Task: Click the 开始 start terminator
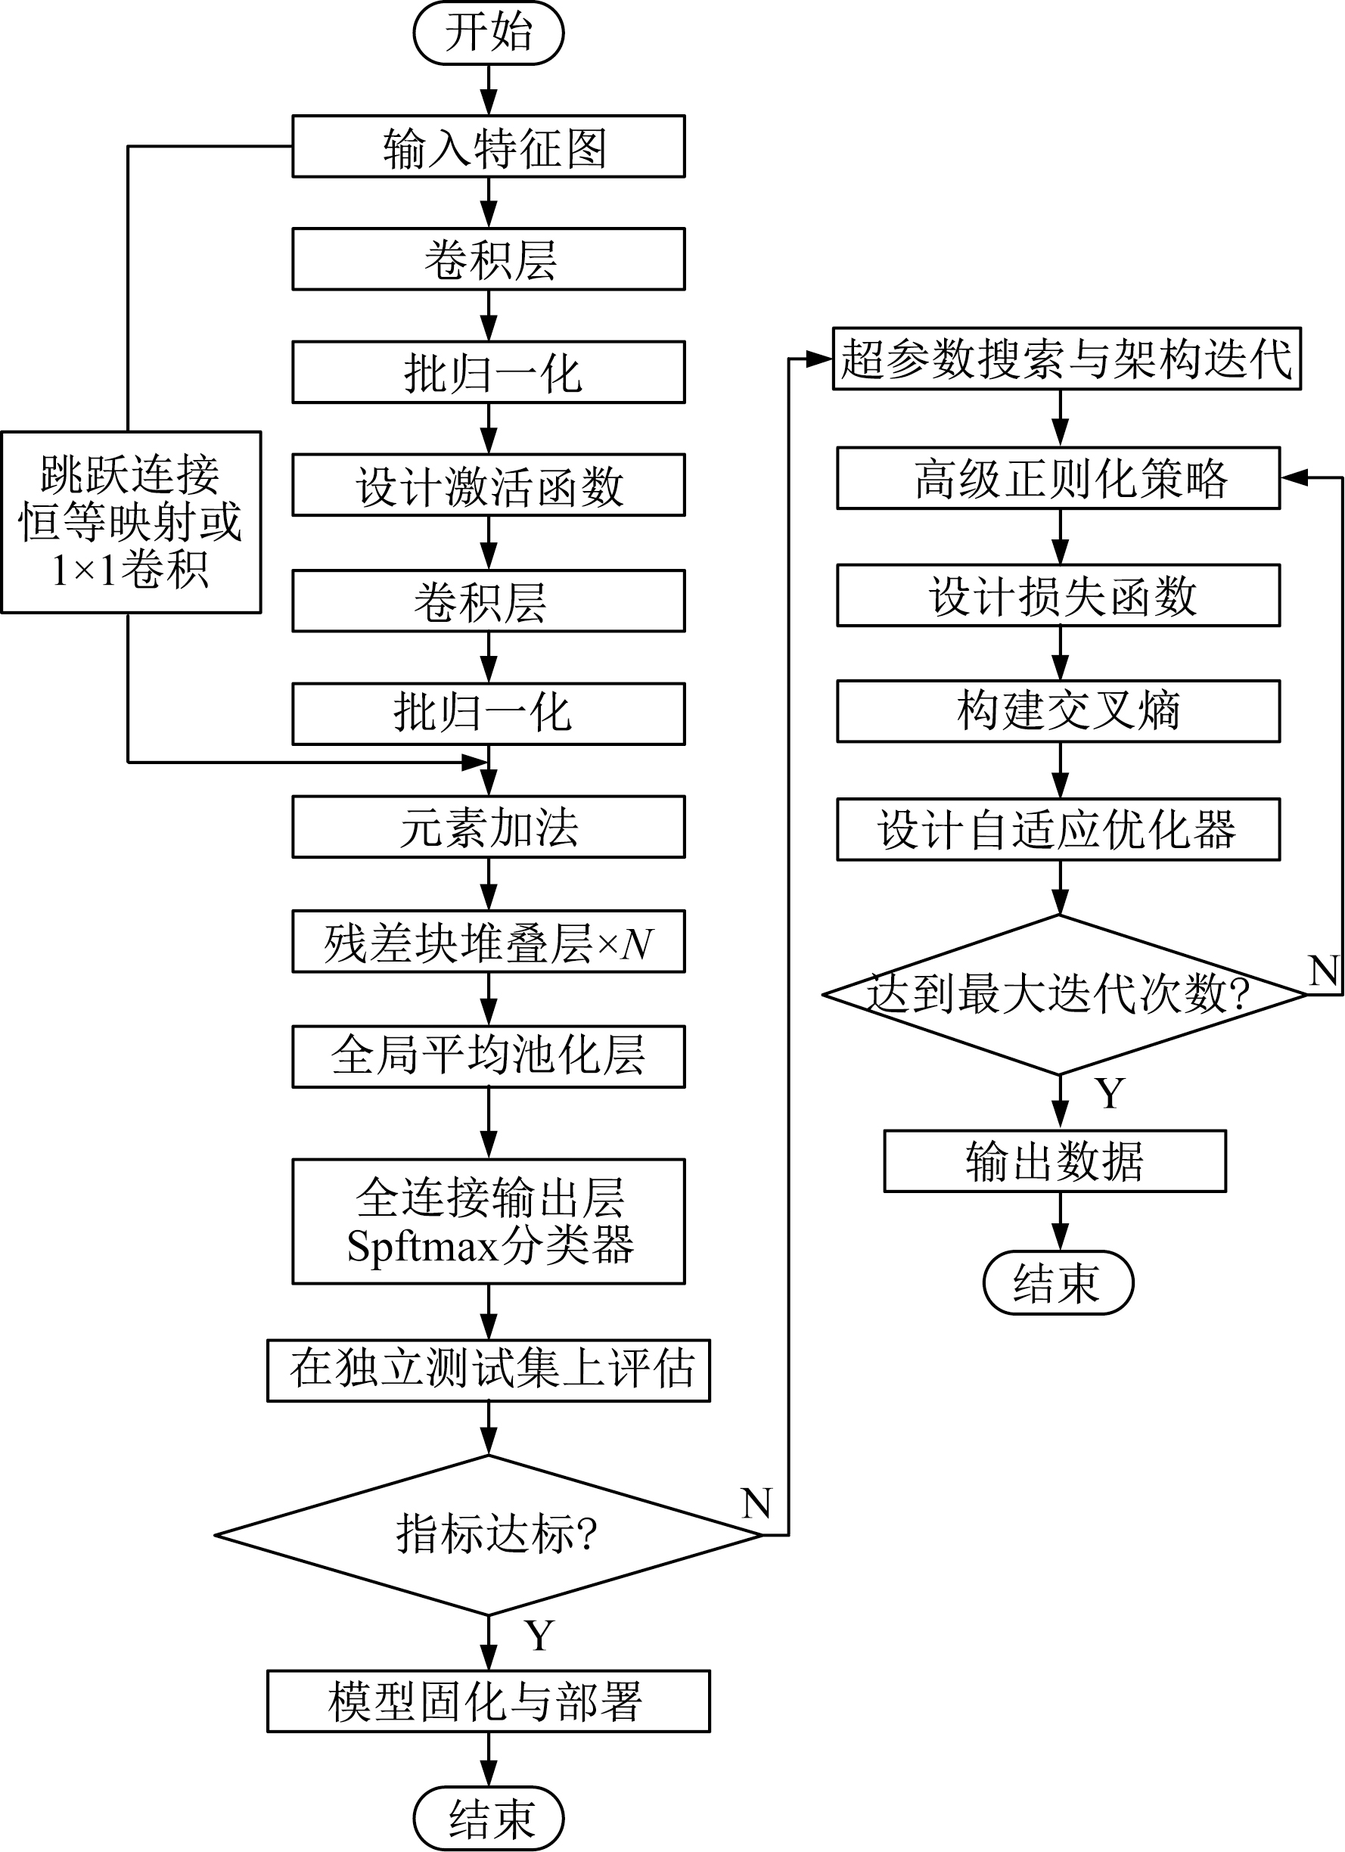pos(489,33)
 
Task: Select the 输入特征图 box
pos(489,147)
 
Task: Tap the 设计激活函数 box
pos(489,486)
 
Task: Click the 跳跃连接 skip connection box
pos(131,523)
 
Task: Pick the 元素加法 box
pos(489,827)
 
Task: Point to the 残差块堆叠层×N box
pos(489,942)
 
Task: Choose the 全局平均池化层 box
pos(489,1056)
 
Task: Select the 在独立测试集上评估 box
pos(489,1370)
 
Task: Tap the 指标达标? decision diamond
pos(489,1534)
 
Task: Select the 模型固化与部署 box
pos(489,1701)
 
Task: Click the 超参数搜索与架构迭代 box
pos(1066,359)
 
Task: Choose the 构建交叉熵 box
pos(1058,711)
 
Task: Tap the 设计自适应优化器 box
pos(1058,830)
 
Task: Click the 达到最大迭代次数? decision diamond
pos(1059,995)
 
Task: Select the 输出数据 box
pos(1055,1161)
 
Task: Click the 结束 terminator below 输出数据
pos(1058,1283)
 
